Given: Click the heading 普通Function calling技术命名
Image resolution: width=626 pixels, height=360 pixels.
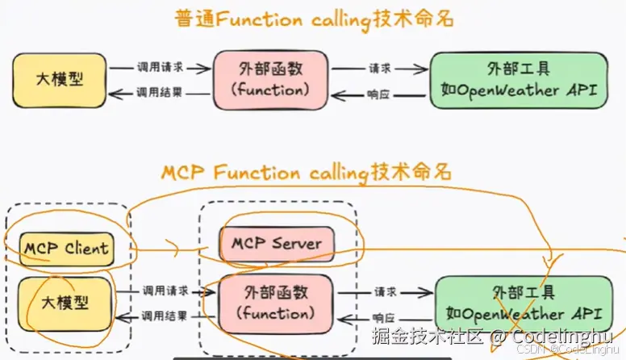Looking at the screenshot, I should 312,19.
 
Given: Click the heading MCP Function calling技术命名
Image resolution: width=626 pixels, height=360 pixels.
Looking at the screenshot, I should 307,172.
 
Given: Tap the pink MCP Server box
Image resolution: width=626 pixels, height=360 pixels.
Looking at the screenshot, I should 276,244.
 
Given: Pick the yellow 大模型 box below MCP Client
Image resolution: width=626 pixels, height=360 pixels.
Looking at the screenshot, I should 65,303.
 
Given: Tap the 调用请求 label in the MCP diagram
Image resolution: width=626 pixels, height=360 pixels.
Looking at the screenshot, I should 165,291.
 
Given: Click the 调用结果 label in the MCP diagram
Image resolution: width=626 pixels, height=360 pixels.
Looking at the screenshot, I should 165,316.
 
